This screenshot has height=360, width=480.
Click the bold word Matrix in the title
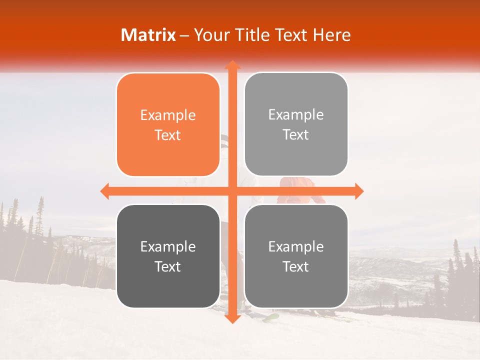pyautogui.click(x=148, y=35)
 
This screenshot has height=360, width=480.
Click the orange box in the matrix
pyautogui.click(x=168, y=125)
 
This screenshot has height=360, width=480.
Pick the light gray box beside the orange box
pyautogui.click(x=296, y=124)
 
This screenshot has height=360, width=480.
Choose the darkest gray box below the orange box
pyautogui.click(x=168, y=256)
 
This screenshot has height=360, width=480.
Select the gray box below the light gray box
pyautogui.click(x=296, y=256)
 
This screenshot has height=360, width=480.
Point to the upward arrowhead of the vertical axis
pyautogui.click(x=232, y=65)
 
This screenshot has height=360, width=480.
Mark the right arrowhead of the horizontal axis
pyautogui.click(x=358, y=191)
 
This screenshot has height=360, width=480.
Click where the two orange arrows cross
pyautogui.click(x=232, y=191)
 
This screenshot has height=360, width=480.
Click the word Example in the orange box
pyautogui.click(x=168, y=115)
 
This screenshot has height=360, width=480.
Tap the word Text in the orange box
pyautogui.click(x=168, y=135)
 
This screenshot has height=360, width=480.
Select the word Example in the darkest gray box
pyautogui.click(x=168, y=247)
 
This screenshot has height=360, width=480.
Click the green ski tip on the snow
pyautogui.click(x=271, y=316)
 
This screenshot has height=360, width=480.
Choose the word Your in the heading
pyautogui.click(x=210, y=35)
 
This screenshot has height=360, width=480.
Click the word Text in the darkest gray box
pyautogui.click(x=168, y=266)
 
